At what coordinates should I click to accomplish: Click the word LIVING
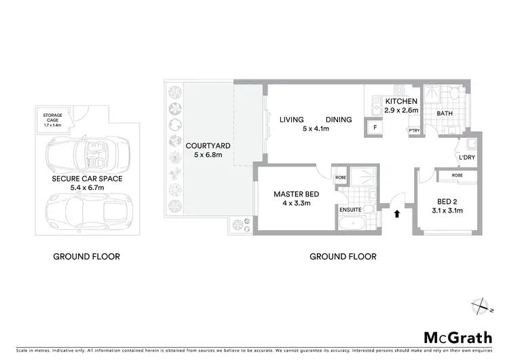pos(291,120)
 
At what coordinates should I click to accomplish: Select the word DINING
pos(338,120)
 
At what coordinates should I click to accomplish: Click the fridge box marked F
pos(374,127)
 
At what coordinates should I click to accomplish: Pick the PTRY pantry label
pos(413,131)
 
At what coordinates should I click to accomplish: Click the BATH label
pos(445,113)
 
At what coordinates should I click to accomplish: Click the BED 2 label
pos(448,202)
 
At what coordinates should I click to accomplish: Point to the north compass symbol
pos(481,307)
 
